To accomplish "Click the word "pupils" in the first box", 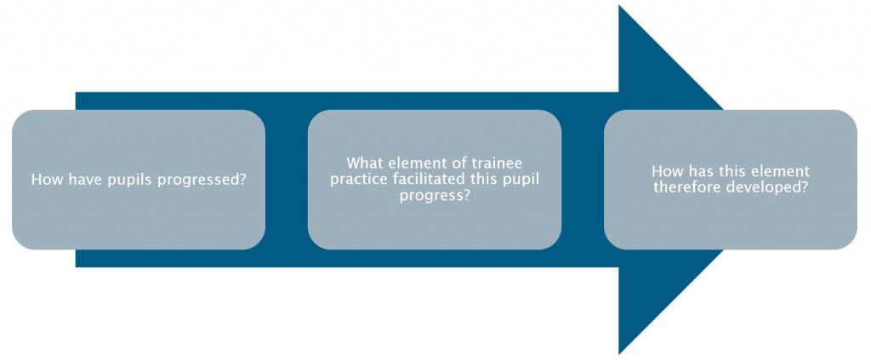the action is [127, 180].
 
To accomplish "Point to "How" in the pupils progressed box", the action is [43, 180].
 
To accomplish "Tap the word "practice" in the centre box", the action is [353, 180].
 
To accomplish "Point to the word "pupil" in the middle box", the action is [523, 180].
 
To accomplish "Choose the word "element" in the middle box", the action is [407, 163].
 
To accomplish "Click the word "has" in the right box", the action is [697, 171].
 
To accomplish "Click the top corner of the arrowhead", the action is [619, 6].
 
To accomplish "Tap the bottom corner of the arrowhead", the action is [619, 353].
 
